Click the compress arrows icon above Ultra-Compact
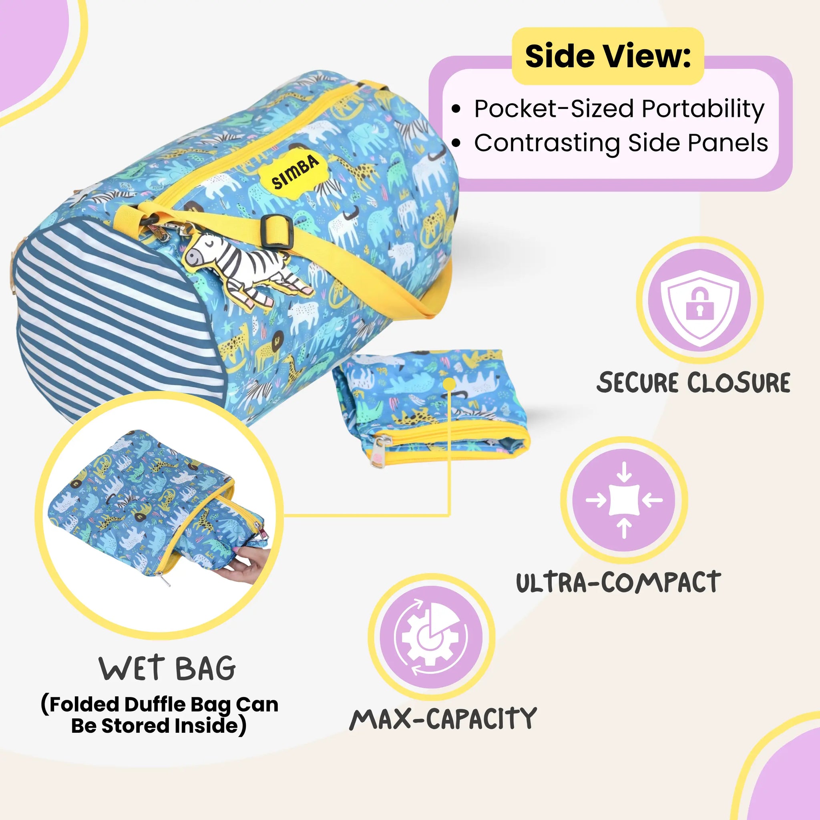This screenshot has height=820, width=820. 624,500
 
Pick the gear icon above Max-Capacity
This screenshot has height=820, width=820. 431,637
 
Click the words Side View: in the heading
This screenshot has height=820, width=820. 608,56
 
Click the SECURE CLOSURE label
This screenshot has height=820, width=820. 693,382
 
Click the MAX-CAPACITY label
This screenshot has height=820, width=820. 443,719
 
